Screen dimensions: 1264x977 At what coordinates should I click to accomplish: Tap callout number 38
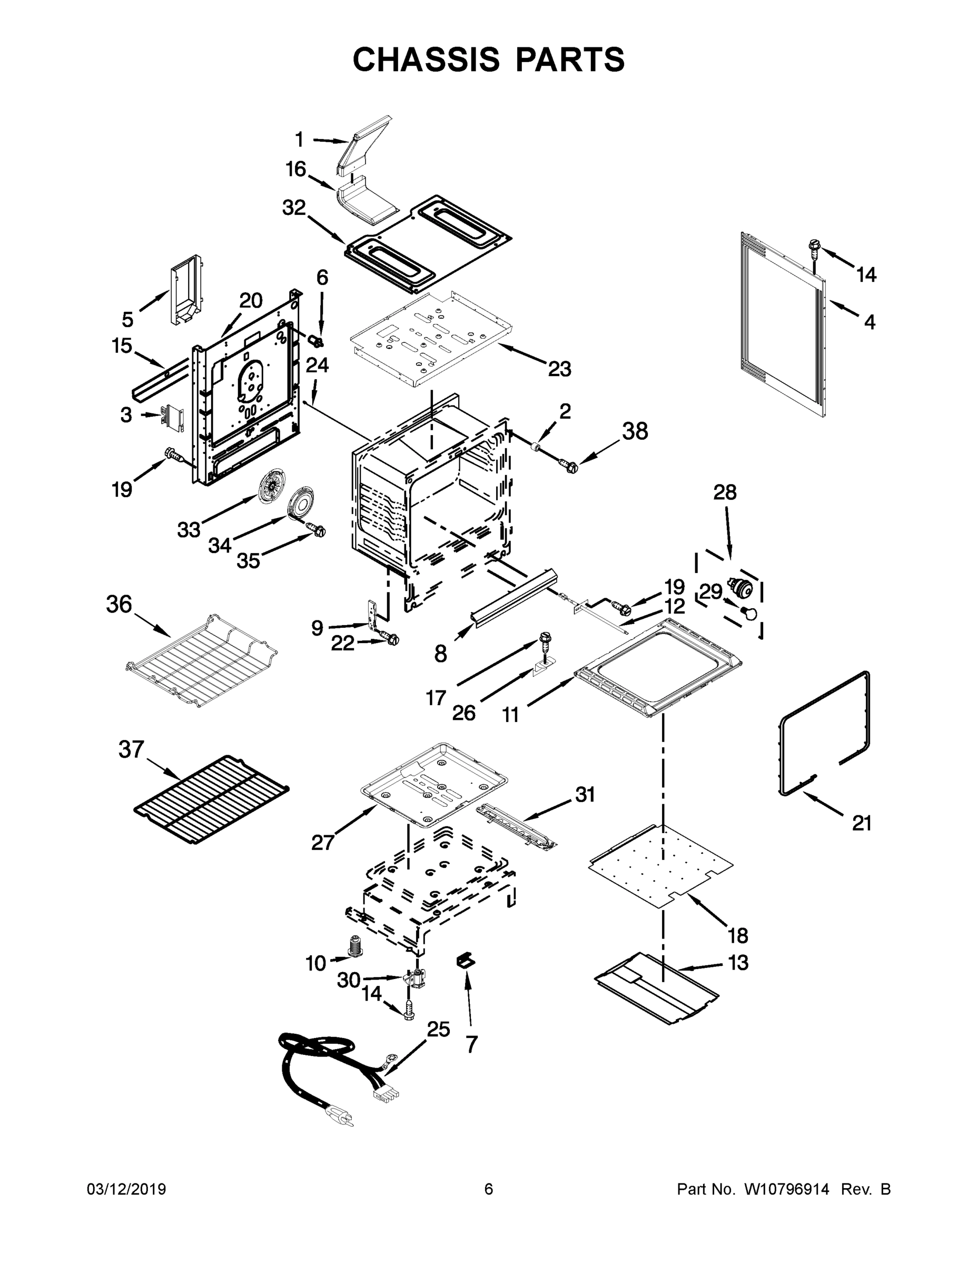(x=635, y=431)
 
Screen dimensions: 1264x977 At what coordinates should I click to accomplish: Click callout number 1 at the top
(x=299, y=140)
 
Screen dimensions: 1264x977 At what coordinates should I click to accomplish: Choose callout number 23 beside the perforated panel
(x=559, y=368)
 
